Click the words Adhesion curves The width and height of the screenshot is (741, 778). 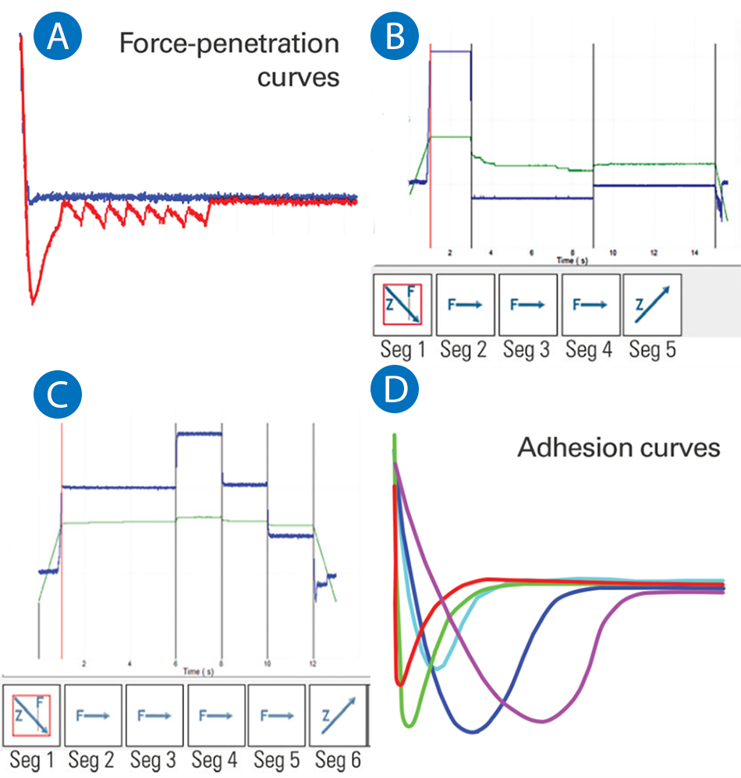(x=619, y=448)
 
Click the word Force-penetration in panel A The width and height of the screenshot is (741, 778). (x=229, y=44)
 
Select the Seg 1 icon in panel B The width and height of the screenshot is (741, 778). (x=402, y=304)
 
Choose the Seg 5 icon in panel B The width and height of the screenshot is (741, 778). (x=651, y=304)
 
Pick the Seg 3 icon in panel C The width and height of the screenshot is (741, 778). (x=154, y=716)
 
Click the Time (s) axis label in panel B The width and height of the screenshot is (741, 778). (x=571, y=258)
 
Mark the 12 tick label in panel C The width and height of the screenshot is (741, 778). (x=314, y=664)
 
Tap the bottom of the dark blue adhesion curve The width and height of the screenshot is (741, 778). (x=471, y=731)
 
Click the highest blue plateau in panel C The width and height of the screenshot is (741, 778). (x=199, y=433)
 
